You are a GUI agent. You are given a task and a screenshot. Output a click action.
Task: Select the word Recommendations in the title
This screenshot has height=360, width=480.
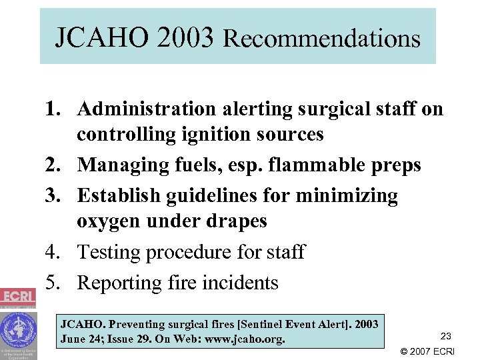coord(322,39)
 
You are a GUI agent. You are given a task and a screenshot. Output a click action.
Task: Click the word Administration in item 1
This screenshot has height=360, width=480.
coord(146,109)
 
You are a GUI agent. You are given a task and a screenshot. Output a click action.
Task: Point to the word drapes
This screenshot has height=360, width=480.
coord(237,221)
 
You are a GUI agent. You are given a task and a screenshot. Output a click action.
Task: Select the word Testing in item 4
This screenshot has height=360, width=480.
coord(109,252)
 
